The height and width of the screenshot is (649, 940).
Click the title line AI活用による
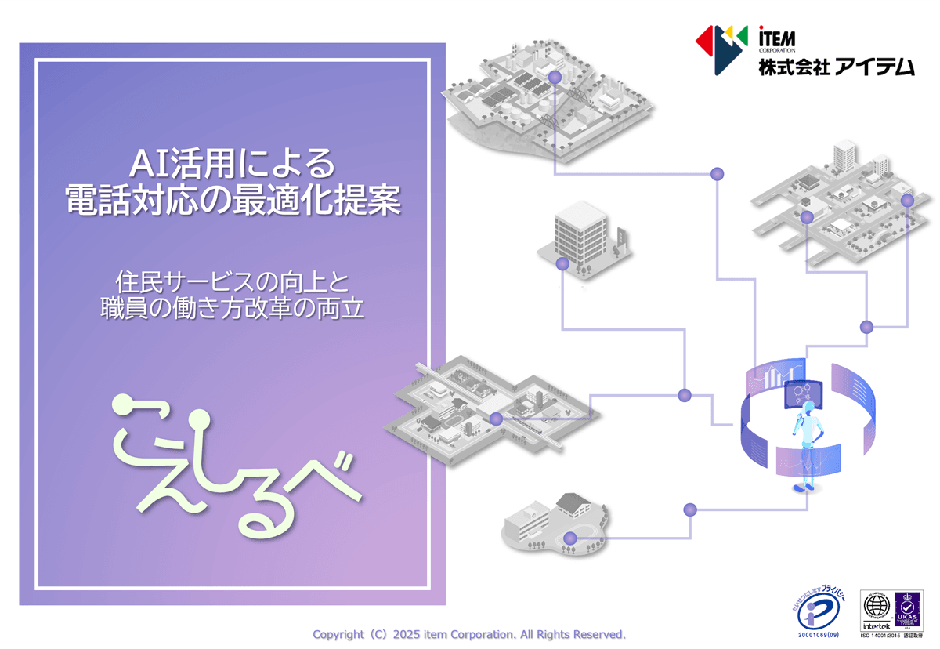click(x=233, y=165)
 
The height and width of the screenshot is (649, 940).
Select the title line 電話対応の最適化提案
click(x=233, y=200)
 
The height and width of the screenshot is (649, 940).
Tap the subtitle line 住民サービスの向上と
click(x=233, y=280)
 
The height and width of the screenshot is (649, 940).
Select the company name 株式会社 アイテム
click(x=835, y=67)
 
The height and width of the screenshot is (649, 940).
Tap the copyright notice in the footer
click(x=469, y=634)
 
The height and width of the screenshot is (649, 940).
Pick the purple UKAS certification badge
click(x=908, y=609)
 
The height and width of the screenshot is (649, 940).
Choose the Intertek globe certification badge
click(x=877, y=609)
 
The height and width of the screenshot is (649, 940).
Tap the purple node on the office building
click(x=562, y=263)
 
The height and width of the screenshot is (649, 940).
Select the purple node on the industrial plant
click(x=555, y=77)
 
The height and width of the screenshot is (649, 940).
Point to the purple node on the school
click(x=570, y=538)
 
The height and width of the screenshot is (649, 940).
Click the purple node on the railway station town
click(x=496, y=419)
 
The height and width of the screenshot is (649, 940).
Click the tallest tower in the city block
click(x=844, y=156)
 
